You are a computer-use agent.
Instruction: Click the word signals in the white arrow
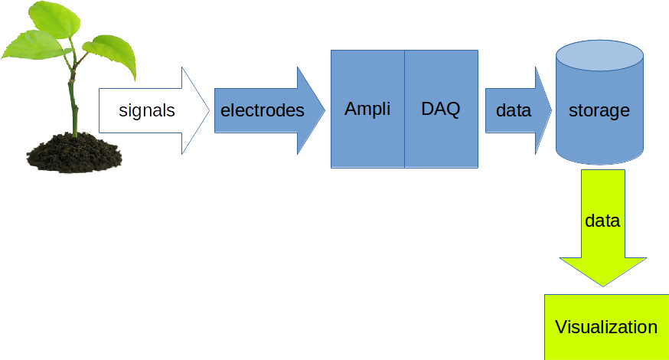tap(147, 110)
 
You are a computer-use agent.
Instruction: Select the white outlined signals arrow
tap(154, 110)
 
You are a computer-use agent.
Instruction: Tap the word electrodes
tap(262, 110)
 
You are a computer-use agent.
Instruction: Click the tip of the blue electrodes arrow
tap(325, 110)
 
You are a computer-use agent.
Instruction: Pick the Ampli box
tap(367, 109)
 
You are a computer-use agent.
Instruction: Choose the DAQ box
tap(441, 109)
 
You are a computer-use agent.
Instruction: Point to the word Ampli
tap(367, 110)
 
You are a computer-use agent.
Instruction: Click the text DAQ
tap(441, 109)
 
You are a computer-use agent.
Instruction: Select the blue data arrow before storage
tap(518, 110)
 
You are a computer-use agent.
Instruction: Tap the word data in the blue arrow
tap(514, 110)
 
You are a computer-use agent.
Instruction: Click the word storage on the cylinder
tap(599, 110)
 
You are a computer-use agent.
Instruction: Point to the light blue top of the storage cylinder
tap(599, 55)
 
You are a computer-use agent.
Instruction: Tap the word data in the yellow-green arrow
tap(602, 221)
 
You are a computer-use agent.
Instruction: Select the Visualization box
tap(607, 327)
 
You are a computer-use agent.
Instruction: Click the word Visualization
tap(606, 327)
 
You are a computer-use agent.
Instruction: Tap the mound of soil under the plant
tap(75, 154)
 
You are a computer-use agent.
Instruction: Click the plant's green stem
tap(73, 103)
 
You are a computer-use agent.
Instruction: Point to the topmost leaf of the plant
tap(54, 19)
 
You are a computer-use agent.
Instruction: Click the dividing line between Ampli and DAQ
tap(404, 109)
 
